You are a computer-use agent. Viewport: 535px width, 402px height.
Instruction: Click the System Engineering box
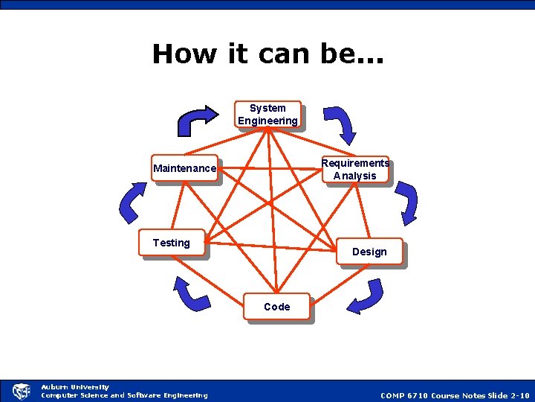(267, 115)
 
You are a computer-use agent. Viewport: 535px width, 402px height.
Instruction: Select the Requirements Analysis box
(354, 169)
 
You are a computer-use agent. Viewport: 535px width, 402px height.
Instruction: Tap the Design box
(369, 252)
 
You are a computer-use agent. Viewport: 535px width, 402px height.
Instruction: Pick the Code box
(276, 307)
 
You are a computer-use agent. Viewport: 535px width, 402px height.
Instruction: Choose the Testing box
(171, 243)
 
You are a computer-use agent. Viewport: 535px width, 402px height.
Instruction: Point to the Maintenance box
(184, 168)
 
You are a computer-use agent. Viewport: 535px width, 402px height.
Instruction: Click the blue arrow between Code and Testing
(190, 293)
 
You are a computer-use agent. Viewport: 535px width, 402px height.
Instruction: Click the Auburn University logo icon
(20, 391)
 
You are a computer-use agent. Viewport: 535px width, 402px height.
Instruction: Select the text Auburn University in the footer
(74, 387)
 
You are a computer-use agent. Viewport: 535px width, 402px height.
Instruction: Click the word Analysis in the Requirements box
(354, 176)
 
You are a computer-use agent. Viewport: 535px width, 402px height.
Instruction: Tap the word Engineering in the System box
(267, 121)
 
